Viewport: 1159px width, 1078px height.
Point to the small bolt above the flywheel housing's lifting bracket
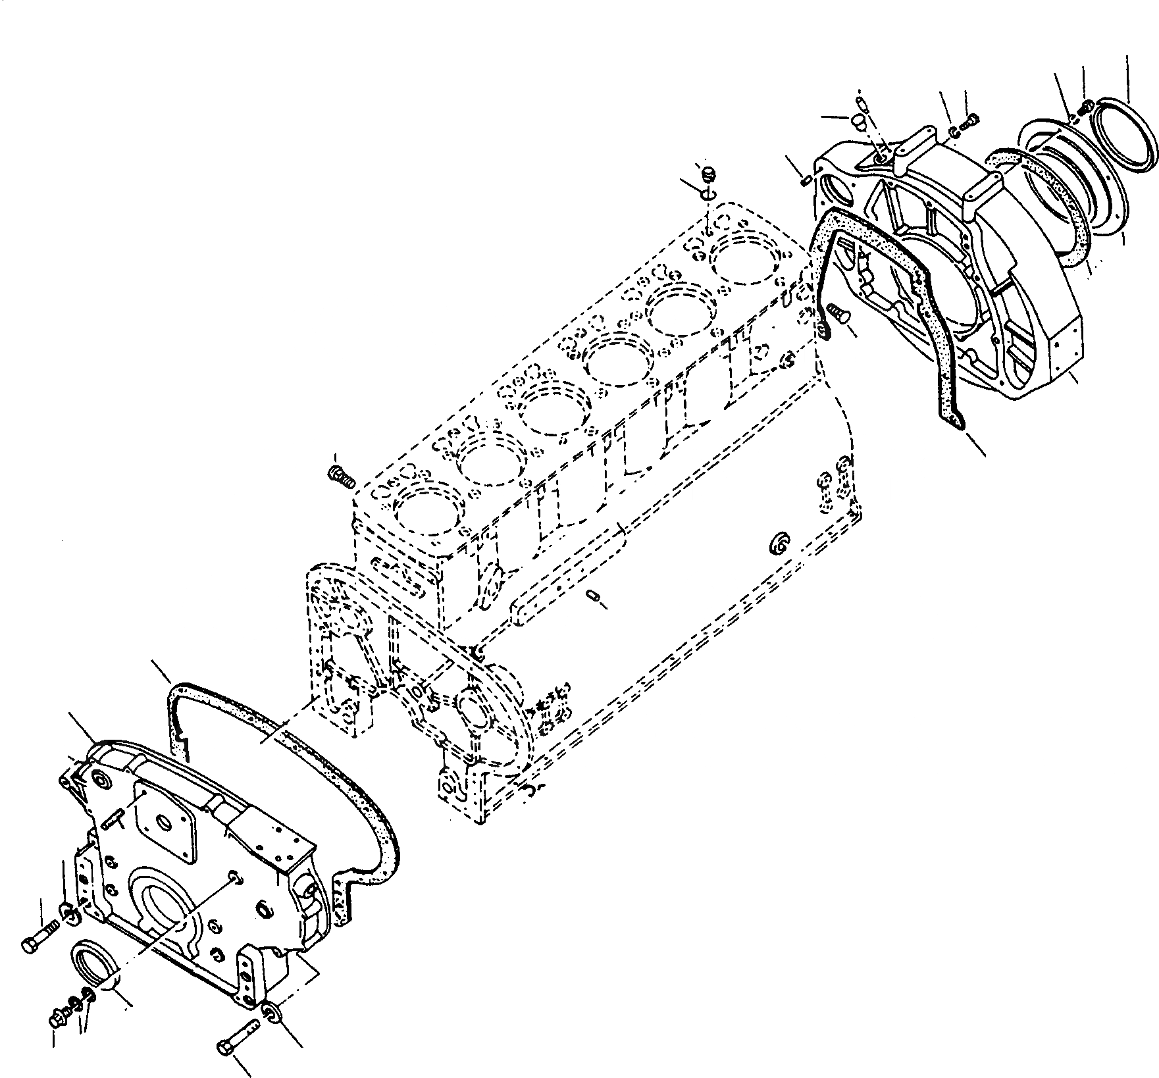971,122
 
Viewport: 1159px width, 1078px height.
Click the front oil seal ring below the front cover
94,963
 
